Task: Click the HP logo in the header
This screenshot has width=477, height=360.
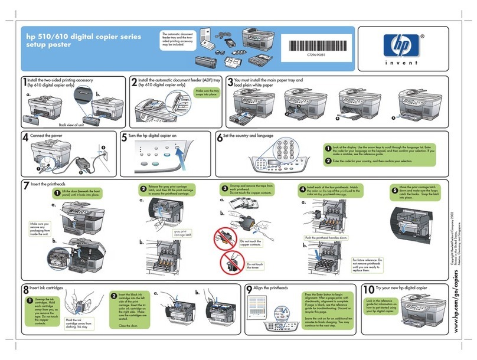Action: tap(395, 44)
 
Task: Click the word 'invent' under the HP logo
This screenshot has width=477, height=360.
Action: tap(395, 63)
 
